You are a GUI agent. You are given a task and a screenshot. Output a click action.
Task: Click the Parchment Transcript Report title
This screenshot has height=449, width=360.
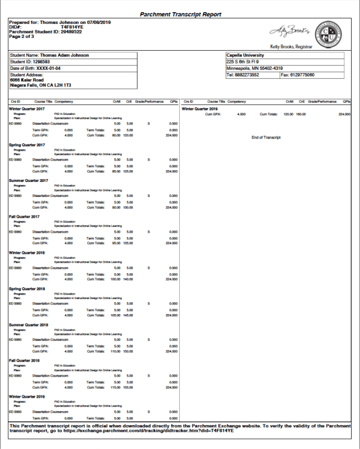[180, 15]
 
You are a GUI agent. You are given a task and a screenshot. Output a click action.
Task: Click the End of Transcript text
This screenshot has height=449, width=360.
[266, 137]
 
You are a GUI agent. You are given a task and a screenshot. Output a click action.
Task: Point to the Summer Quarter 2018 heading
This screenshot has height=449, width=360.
[29, 325]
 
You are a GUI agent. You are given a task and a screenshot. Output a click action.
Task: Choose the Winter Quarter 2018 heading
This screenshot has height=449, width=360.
[28, 253]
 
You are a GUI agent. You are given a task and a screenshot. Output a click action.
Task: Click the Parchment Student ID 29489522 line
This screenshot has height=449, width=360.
[45, 31]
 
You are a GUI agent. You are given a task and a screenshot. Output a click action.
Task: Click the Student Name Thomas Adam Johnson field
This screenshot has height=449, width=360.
[50, 56]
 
